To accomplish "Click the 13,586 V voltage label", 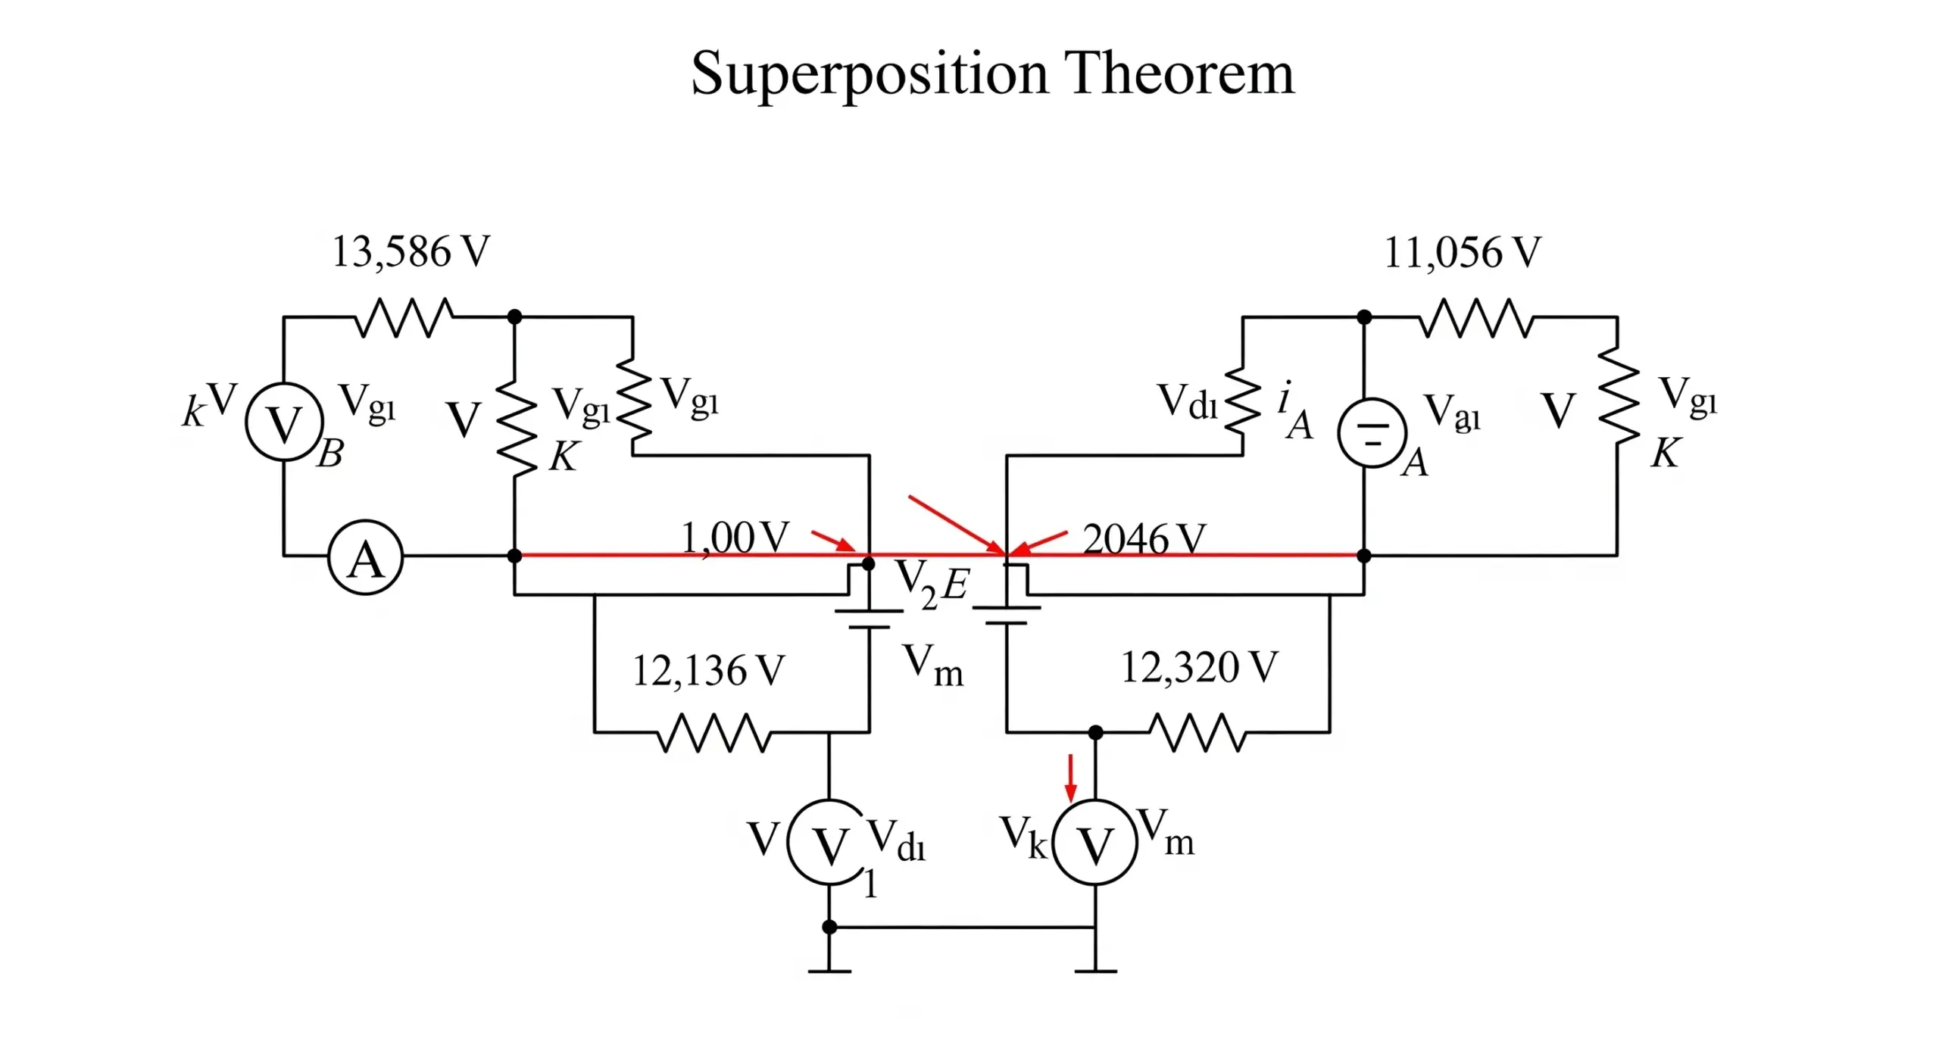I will (411, 252).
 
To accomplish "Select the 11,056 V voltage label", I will (1462, 253).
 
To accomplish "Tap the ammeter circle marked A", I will (365, 558).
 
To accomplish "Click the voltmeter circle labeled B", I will (285, 422).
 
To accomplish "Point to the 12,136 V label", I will (707, 671).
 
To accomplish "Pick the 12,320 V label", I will (1198, 668).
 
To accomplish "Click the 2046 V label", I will (1143, 539).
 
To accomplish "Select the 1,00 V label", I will (735, 538).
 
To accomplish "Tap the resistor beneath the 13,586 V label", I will (404, 317).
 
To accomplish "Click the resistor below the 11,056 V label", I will (1475, 318).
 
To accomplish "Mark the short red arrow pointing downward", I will (1070, 777).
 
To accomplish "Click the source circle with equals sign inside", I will (1372, 432).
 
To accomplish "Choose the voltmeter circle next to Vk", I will (1095, 842).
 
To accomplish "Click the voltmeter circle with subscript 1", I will (829, 842).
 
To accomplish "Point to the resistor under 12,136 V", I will (714, 732).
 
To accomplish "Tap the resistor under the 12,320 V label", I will (1197, 732).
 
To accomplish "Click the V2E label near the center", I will (930, 584).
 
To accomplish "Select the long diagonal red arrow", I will (956, 524).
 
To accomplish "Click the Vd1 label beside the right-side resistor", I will (1187, 401).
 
